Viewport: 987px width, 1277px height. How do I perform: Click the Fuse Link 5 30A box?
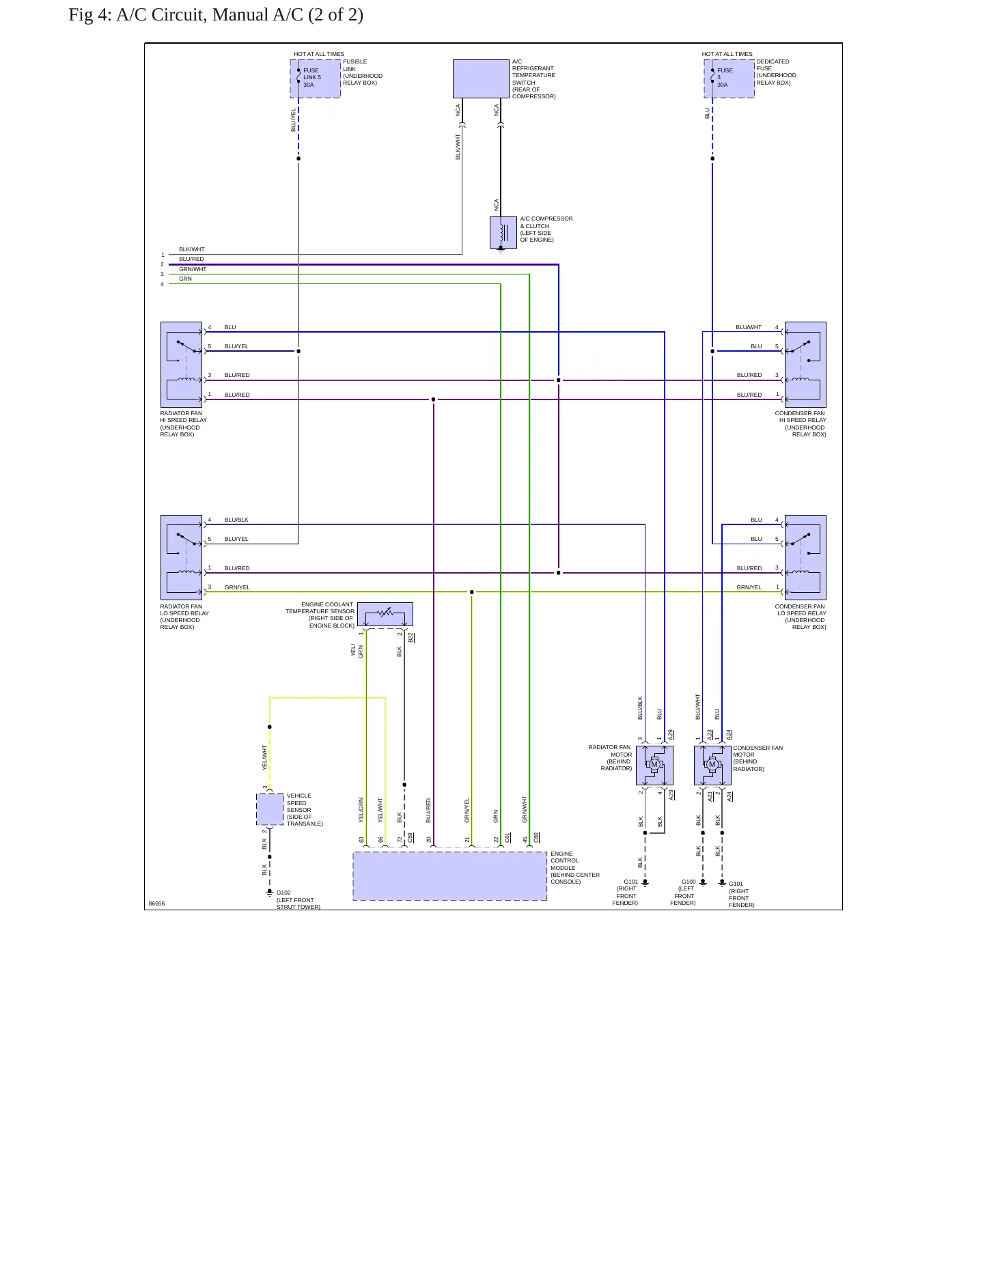click(316, 79)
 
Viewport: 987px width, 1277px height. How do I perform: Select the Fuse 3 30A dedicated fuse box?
click(729, 79)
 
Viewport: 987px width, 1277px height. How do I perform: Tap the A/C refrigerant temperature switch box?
click(481, 79)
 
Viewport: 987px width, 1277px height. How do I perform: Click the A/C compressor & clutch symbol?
click(503, 233)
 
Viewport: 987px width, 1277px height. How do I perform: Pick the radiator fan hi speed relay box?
click(181, 365)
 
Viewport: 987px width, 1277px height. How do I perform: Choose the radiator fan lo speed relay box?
click(181, 557)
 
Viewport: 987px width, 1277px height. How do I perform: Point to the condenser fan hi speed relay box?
click(805, 365)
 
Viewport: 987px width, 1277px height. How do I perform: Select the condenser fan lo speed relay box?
click(805, 557)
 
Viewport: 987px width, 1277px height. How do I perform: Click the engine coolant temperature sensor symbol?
click(385, 614)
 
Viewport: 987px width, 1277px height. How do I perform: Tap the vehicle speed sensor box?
click(270, 809)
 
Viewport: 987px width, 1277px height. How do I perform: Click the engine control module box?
click(450, 876)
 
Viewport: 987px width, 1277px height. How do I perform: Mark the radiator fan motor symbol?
click(654, 765)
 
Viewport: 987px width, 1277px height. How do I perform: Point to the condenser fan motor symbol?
click(712, 765)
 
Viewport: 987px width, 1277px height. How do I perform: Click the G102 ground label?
click(283, 893)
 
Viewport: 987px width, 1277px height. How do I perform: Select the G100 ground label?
click(689, 882)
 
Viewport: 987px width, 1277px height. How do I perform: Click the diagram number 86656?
click(156, 903)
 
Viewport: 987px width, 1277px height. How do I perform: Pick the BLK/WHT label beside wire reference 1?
click(192, 249)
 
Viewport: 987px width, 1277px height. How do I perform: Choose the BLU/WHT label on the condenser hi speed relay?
click(749, 327)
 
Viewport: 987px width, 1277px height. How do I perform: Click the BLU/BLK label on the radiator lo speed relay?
click(236, 520)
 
